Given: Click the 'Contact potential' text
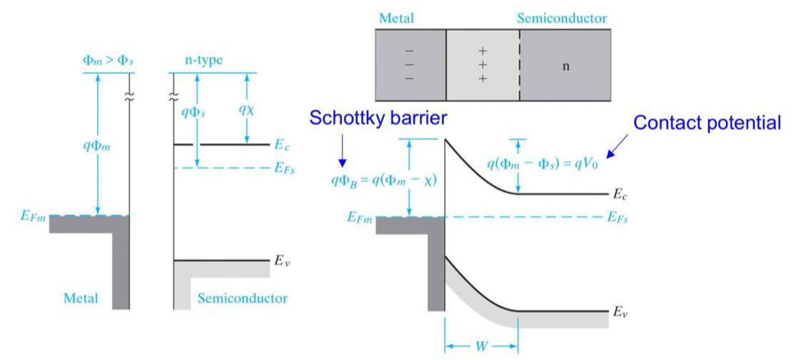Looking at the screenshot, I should coord(707,123).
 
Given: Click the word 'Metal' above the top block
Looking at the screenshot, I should coord(397,17).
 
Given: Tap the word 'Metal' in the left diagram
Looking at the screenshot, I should coord(80,298).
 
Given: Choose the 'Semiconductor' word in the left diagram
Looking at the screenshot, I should coord(243,298).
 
